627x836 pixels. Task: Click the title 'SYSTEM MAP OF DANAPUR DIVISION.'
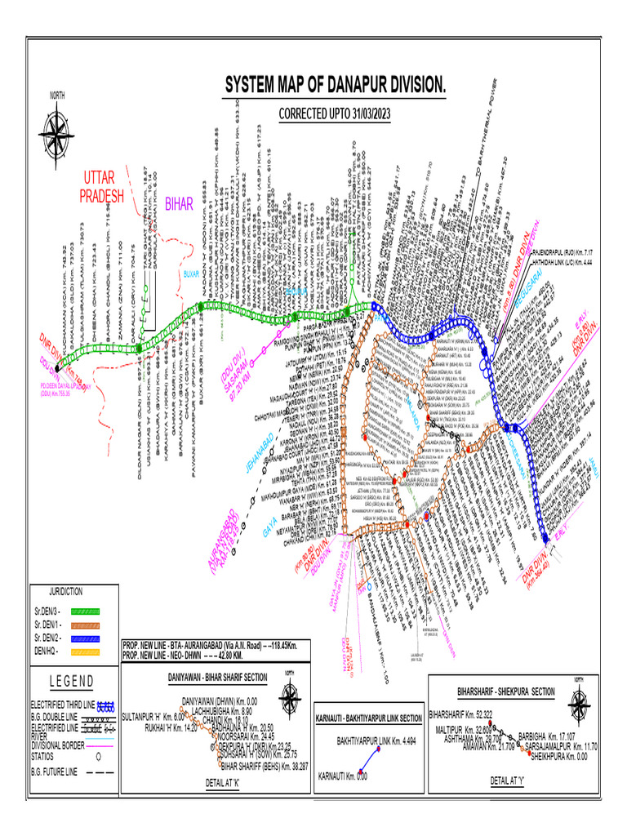coord(336,85)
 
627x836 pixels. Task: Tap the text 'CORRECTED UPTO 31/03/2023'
coord(335,114)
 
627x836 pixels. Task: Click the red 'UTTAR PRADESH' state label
coord(102,187)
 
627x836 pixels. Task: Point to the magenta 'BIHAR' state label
coord(179,204)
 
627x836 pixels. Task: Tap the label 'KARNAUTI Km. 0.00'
coord(343,780)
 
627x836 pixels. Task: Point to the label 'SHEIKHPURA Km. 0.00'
coord(564,756)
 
